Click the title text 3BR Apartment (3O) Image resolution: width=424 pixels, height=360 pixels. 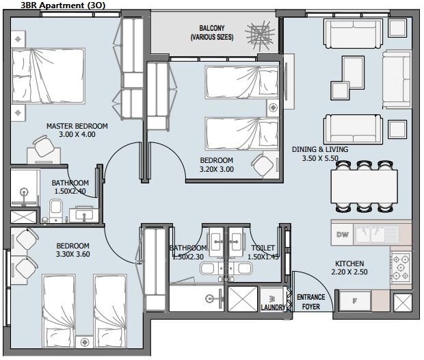point(63,5)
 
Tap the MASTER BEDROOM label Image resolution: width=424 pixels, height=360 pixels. point(77,126)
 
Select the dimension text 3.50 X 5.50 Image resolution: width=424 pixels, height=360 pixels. point(320,158)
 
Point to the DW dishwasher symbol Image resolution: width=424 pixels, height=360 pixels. point(343,234)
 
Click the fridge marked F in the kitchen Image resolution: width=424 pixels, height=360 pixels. point(355,300)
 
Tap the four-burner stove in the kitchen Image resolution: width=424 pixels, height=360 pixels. point(401,268)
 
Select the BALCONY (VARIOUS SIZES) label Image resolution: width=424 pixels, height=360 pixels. point(212,32)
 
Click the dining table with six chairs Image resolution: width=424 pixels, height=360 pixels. point(365,186)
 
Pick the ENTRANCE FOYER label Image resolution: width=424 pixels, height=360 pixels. point(311,302)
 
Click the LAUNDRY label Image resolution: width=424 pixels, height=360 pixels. point(273,307)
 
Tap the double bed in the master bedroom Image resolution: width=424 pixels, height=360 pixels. point(48,76)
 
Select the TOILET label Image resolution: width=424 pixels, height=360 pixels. point(263,248)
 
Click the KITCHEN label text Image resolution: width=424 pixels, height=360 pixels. point(349,263)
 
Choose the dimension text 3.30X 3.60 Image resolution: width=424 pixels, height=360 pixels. point(73,254)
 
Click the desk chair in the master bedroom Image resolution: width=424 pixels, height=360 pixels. point(43,146)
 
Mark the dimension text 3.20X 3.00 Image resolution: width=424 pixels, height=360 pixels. point(217,169)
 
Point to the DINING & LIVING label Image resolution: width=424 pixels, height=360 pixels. point(320,149)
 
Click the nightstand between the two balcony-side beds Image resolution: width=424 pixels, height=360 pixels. point(273,107)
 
